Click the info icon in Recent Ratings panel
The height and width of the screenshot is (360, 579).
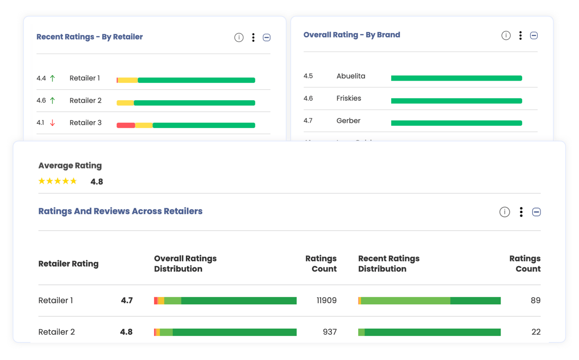[x=239, y=37]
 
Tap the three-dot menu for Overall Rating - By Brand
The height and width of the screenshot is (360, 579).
[x=520, y=35]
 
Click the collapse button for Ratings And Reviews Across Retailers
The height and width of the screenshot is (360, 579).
[x=536, y=212]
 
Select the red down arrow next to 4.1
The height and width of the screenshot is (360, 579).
[x=53, y=123]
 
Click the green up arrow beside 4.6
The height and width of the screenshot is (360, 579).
[x=53, y=100]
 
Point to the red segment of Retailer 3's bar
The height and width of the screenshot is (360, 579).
[x=126, y=125]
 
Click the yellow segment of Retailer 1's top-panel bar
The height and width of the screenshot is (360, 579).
[x=128, y=80]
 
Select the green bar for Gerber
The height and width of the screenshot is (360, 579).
[x=456, y=123]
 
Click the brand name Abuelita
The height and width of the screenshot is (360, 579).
[x=351, y=76]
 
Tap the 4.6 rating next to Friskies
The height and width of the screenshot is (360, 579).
[x=308, y=98]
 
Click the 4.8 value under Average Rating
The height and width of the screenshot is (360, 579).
[x=97, y=182]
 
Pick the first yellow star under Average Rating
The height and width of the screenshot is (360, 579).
[x=42, y=181]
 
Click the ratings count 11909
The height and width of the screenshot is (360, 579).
[x=326, y=300]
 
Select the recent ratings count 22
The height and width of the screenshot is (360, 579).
[x=536, y=332]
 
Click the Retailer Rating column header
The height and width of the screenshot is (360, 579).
[x=68, y=264]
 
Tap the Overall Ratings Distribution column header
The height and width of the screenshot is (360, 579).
[x=185, y=263]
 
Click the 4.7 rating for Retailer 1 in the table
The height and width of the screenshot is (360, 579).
[x=127, y=300]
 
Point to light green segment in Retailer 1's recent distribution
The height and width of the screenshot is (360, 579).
[x=406, y=300]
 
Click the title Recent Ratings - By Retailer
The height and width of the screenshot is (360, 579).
[x=90, y=37]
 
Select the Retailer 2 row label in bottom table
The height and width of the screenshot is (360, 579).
[x=56, y=332]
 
